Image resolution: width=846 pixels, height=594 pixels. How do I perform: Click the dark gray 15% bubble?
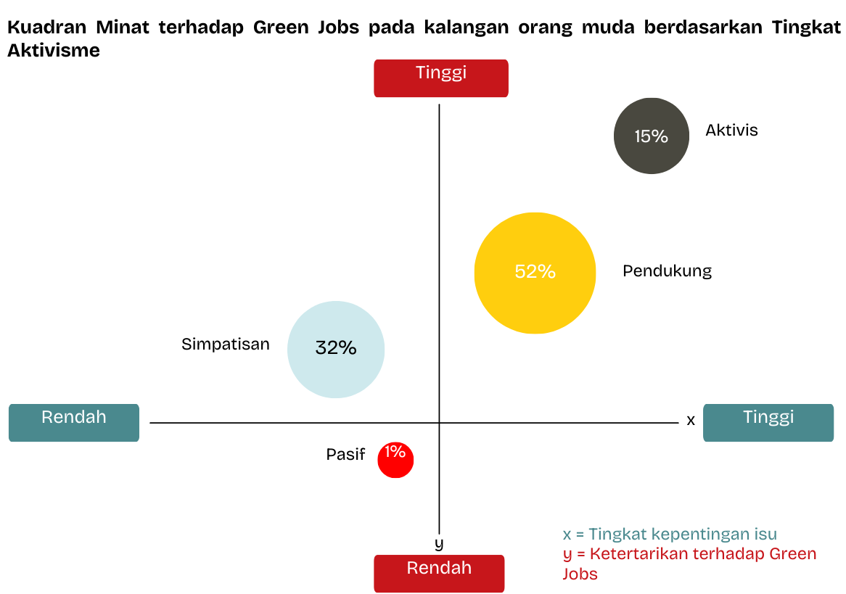pos(652,136)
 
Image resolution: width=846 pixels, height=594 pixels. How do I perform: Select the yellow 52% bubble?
pos(535,273)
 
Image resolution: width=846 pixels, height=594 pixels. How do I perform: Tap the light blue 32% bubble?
pos(336,350)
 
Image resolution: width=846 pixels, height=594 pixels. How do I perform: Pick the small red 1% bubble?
pos(395,460)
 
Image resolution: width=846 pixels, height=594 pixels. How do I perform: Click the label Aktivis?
pos(731,130)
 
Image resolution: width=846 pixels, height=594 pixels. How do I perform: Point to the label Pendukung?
pos(667,271)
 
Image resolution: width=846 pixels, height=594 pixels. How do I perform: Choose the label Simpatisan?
pos(225,345)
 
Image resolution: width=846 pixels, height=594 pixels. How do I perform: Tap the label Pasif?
pos(345,454)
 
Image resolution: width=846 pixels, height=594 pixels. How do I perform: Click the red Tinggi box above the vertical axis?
pos(441,78)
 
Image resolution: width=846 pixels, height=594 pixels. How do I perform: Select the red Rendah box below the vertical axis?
pos(439,574)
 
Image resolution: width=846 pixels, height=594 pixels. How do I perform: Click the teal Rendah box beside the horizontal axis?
pos(74,422)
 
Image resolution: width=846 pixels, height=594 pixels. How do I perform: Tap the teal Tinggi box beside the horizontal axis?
pos(768,422)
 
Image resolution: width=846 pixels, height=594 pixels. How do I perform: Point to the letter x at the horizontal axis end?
pos(691,420)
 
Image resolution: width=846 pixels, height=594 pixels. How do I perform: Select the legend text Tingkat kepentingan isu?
pos(683,534)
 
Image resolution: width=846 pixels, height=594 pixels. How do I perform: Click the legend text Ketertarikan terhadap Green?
pos(703,553)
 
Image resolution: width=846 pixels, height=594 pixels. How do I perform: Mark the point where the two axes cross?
pos(439,423)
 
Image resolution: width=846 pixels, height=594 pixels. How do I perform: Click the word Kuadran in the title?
pos(47,27)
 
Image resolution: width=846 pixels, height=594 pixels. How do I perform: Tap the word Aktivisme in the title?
pos(54,50)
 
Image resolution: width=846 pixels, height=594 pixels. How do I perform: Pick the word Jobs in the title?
pos(338,27)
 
